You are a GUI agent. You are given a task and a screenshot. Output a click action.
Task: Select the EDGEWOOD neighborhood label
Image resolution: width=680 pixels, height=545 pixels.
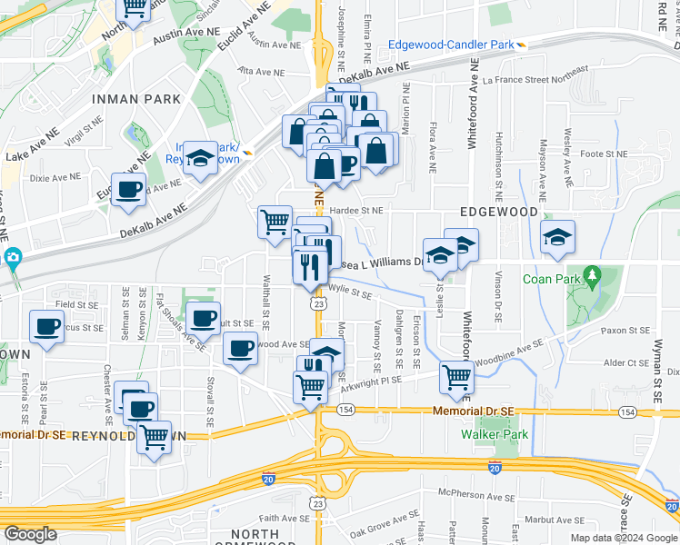coord(499,211)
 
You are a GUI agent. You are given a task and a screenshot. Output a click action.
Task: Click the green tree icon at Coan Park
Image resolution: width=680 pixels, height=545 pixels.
coord(593,273)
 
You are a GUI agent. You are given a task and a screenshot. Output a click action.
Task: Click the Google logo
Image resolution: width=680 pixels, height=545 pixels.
coord(31,534)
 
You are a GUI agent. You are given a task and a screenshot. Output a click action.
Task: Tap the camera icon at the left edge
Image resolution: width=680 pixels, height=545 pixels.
coord(12,258)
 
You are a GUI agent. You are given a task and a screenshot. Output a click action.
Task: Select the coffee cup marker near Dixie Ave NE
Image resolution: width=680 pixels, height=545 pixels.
coord(128,189)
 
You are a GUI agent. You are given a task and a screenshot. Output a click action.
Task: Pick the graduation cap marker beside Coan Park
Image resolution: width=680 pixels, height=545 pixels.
coord(557,237)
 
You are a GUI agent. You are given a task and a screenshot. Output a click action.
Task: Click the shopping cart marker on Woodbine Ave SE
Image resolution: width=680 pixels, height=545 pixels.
coord(455,377)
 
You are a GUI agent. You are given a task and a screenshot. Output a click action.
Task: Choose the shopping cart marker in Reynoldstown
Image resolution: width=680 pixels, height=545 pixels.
coord(154,436)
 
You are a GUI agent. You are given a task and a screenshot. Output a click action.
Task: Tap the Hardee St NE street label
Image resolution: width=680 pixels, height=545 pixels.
coord(356,210)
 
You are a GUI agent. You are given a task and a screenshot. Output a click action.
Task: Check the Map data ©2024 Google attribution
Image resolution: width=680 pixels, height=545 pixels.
coord(624,538)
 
